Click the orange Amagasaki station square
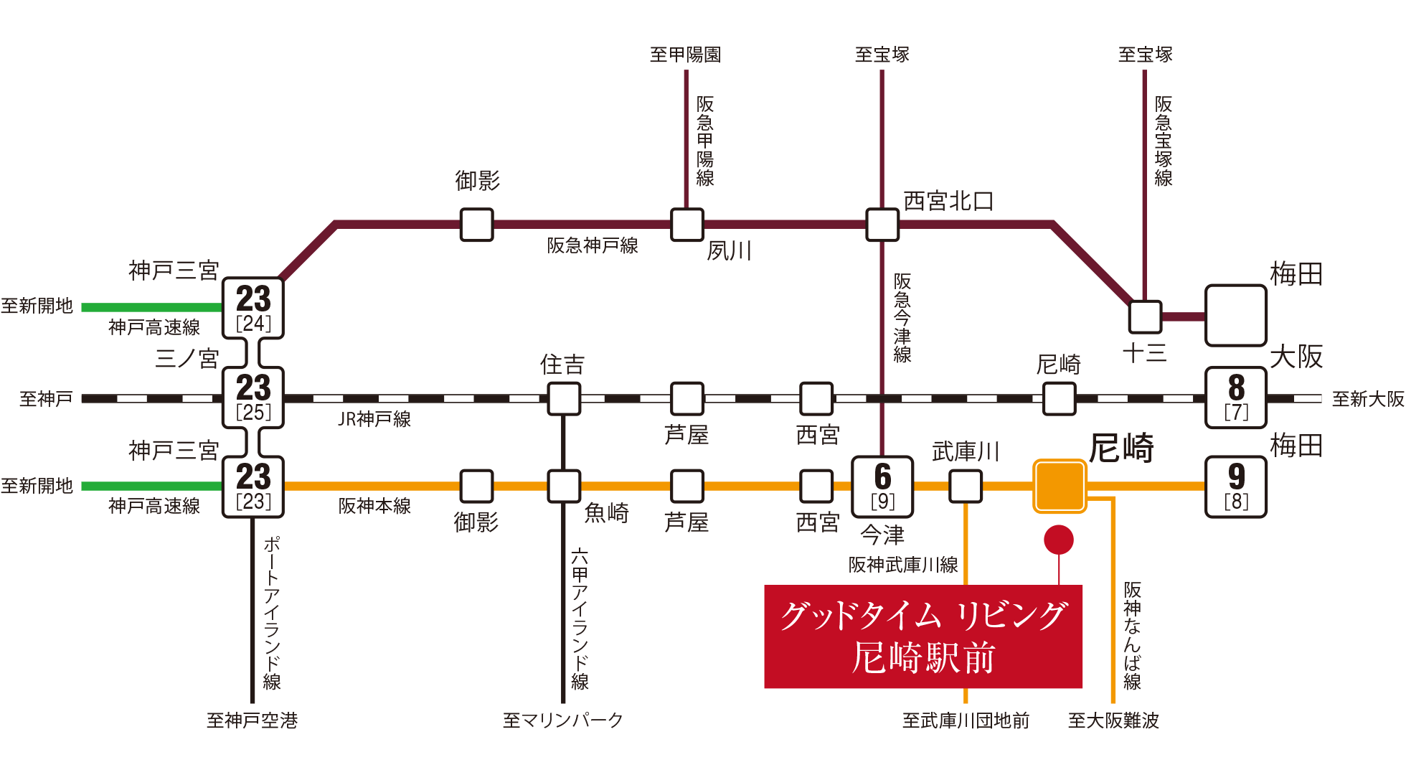(1060, 487)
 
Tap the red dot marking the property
(1059, 540)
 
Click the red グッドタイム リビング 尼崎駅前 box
(923, 637)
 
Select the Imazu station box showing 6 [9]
(882, 487)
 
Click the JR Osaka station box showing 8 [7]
(1236, 398)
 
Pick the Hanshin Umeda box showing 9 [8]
(1236, 487)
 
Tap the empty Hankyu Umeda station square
(1236, 316)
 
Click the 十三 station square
(1145, 316)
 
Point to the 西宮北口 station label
(948, 202)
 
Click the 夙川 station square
(687, 225)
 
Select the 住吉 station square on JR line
(564, 398)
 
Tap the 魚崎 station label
(607, 513)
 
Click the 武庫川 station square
(966, 487)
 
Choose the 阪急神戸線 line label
(593, 245)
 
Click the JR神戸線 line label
(374, 419)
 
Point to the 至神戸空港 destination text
(253, 720)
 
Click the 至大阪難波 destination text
(1114, 720)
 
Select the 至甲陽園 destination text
(686, 55)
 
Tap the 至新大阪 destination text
(1368, 399)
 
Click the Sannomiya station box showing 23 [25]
(253, 398)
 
